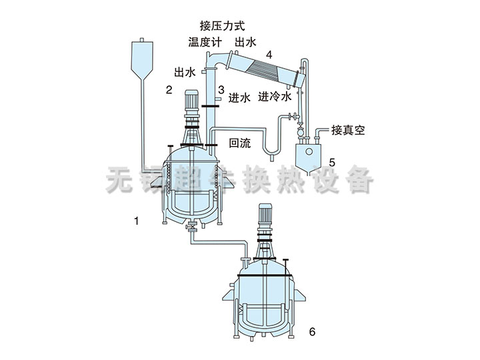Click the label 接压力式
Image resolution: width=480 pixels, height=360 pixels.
pos(222,26)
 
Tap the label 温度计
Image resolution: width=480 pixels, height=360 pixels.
pos(205,42)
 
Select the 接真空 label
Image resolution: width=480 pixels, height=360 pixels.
pos(348,131)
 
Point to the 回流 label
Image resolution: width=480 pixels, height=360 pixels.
pos(240,143)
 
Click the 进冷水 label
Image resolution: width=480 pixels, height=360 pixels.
pos(275,97)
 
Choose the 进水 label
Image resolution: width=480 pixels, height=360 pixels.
pos(239,97)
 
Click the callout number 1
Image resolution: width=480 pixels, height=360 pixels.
pos(137,221)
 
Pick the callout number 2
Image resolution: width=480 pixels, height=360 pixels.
pos(169,90)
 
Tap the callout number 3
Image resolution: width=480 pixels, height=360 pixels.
pos(221,90)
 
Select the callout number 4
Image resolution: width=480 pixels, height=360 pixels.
pos(269,55)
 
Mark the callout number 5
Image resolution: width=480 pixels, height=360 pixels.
pos(332,163)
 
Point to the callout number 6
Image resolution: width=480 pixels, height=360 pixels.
pos(312,331)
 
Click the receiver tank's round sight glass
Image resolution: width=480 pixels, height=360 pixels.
pos(309,151)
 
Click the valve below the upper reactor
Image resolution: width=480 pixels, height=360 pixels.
pos(192,227)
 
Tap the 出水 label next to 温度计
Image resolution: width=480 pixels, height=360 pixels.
pos(245,42)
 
